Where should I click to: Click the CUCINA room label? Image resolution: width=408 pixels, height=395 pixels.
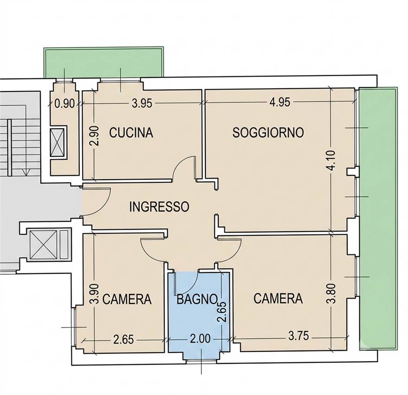pos(131,133)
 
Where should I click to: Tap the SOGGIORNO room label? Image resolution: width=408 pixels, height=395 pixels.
pos(268,132)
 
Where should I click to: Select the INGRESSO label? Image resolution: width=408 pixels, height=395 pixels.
pos(159,207)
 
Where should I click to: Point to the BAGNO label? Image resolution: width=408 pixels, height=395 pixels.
pos(197,299)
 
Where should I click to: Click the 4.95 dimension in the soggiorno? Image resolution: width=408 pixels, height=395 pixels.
pos(280,102)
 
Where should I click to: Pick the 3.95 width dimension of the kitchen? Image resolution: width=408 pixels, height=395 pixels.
pos(142,104)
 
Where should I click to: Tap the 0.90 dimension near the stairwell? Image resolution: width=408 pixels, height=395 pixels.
pos(64,104)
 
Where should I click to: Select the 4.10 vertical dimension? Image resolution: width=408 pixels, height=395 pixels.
pos(332,161)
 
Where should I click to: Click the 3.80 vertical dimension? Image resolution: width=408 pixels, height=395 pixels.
pos(332,294)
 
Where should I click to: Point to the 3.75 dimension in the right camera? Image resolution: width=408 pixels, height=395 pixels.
pos(299,336)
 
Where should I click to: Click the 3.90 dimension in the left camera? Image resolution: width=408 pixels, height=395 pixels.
pos(94,294)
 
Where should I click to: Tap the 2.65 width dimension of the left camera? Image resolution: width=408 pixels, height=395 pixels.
pos(124,340)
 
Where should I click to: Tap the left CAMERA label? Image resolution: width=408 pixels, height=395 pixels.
pos(127,299)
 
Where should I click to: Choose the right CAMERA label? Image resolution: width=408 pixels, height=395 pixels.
pos(278,298)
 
